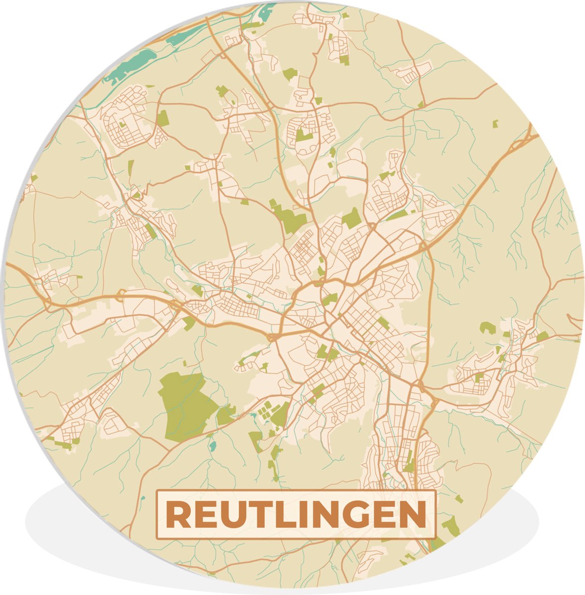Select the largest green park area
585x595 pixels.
[x=186, y=406]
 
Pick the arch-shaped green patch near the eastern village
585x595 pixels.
[x=487, y=328]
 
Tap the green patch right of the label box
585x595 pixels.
[x=451, y=526]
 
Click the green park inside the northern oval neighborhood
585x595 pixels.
[x=303, y=134]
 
